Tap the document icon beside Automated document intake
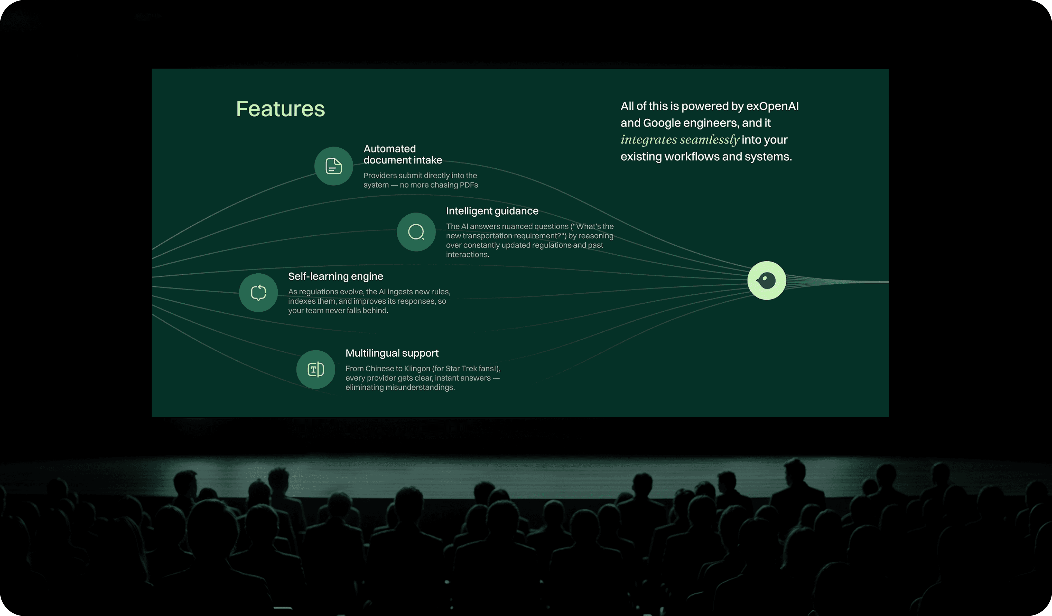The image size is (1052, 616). click(x=333, y=166)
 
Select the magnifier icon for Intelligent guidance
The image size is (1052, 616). click(x=416, y=232)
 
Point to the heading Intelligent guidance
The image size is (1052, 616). click(x=492, y=211)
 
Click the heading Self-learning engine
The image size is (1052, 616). click(x=335, y=276)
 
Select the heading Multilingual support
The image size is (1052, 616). click(x=392, y=353)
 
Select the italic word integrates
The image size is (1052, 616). click(x=649, y=140)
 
